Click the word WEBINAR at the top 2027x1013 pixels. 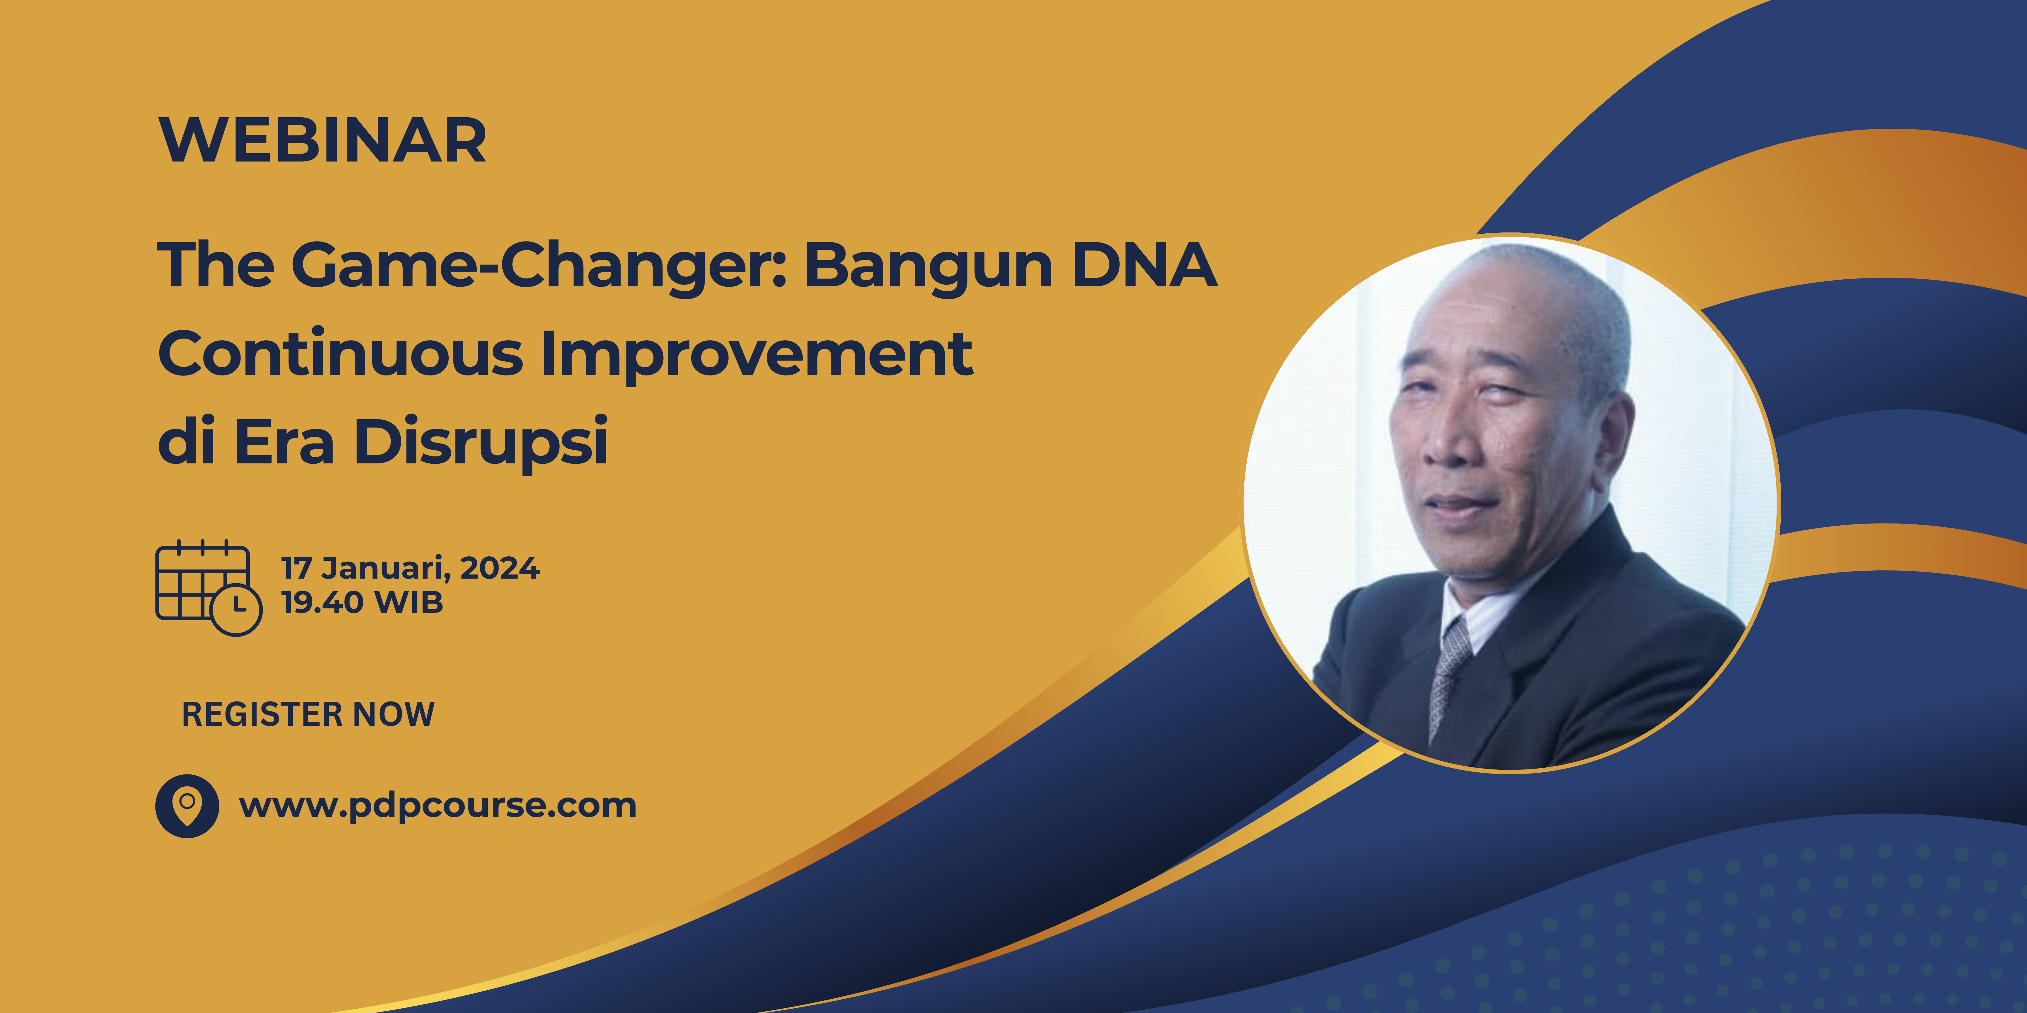323,141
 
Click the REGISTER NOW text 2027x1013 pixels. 308,714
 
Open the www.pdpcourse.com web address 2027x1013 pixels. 438,805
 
